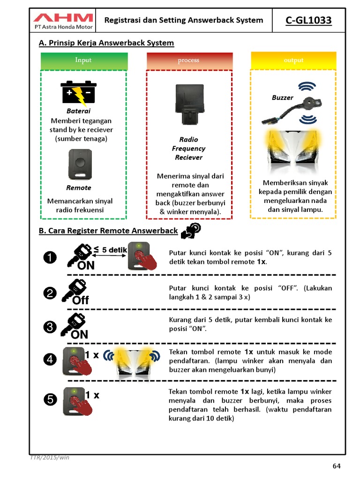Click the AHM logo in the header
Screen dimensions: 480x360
(x=63, y=18)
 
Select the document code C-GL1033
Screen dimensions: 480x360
(x=308, y=20)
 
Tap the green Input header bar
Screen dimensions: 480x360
(x=83, y=60)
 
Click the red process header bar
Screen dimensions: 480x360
(x=188, y=60)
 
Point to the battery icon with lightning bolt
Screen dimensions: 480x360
(x=78, y=93)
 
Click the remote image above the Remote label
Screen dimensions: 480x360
(x=80, y=164)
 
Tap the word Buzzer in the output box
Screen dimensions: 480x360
(x=282, y=98)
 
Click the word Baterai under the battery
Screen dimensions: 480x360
(x=78, y=111)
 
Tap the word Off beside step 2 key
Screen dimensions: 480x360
(x=81, y=300)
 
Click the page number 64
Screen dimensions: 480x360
(x=336, y=465)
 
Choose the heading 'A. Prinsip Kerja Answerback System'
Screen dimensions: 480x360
(x=106, y=43)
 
